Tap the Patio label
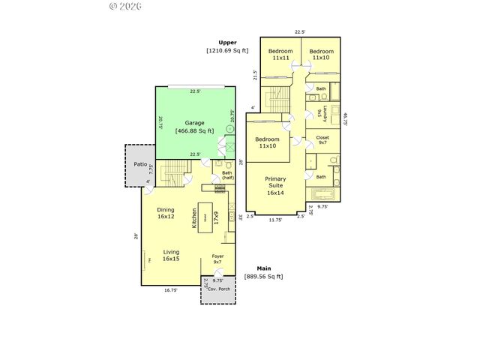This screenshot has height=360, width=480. click(140, 163)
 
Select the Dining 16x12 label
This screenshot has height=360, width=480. click(166, 213)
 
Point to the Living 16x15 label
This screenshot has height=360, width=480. click(171, 255)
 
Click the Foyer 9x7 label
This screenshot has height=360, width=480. click(217, 259)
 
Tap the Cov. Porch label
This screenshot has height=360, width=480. click(219, 289)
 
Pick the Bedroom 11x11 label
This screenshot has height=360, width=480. click(280, 54)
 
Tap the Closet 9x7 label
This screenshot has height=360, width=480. click(322, 141)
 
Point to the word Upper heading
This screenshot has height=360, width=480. click(228, 42)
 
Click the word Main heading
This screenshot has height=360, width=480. click(264, 268)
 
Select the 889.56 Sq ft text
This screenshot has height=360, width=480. click(264, 277)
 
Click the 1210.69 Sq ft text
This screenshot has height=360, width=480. click(228, 50)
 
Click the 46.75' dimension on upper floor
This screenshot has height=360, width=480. click(346, 119)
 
